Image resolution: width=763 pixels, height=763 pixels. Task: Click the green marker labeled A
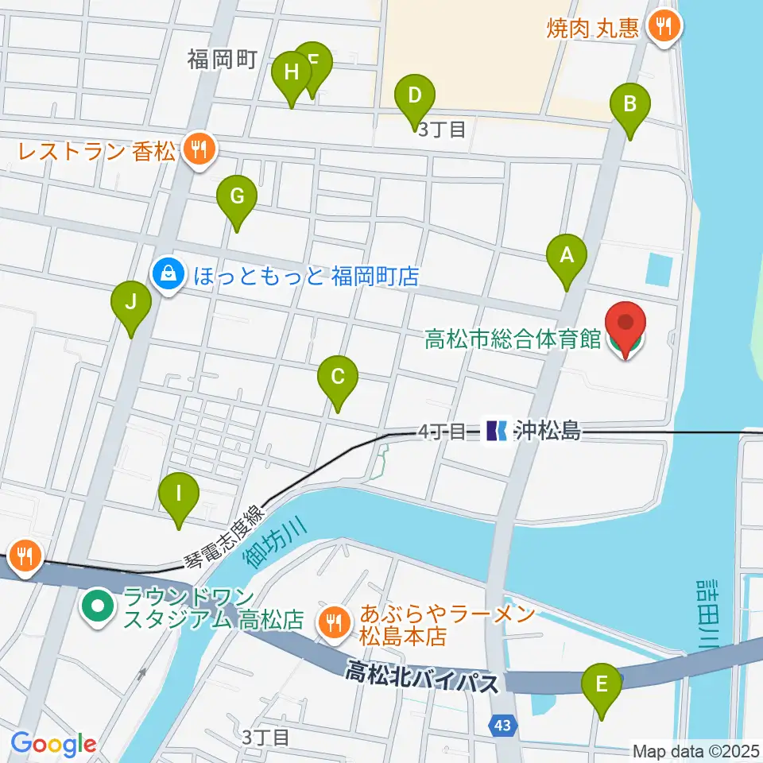click(567, 256)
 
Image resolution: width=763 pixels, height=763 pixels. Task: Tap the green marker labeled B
click(630, 104)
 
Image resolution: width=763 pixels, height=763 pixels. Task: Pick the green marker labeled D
click(414, 96)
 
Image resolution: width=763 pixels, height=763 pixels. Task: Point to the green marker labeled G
click(237, 196)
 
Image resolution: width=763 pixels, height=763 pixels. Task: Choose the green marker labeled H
click(292, 73)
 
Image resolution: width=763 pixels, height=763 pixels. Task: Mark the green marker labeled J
click(131, 303)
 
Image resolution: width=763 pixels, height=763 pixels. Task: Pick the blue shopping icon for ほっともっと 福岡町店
click(168, 275)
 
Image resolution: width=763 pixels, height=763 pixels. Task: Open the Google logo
click(53, 745)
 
